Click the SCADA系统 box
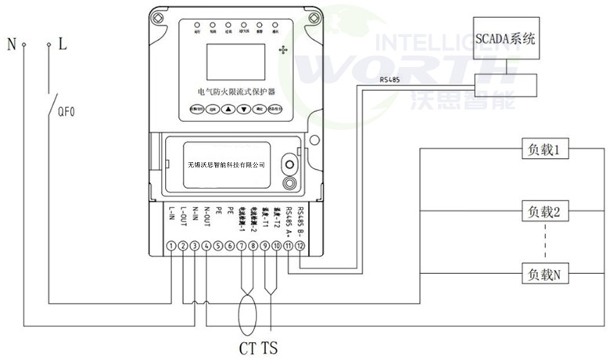point(506,38)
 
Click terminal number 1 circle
point(171,246)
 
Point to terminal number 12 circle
point(301,246)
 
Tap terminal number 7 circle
point(242,246)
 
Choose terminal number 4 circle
point(206,246)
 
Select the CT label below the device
point(246,346)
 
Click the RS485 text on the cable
point(392,79)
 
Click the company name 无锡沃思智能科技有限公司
point(228,165)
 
